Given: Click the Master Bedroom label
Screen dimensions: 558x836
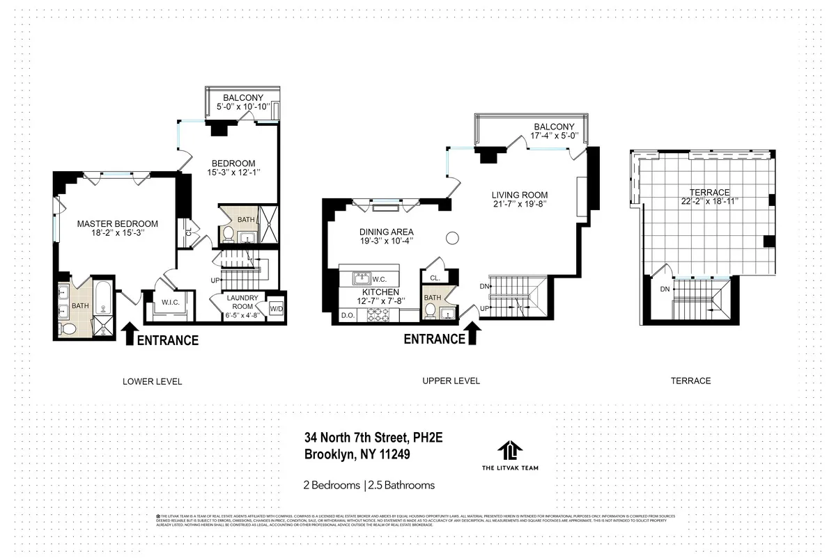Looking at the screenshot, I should click(x=117, y=224).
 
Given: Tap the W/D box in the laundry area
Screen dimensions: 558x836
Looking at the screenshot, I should click(x=276, y=309).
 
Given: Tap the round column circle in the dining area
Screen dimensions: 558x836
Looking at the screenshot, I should click(x=451, y=239).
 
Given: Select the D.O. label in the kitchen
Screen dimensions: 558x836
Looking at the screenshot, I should click(x=348, y=316).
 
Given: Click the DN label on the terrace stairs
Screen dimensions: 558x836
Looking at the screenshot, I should click(x=665, y=289).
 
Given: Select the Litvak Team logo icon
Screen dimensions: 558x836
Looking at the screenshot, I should click(x=510, y=449).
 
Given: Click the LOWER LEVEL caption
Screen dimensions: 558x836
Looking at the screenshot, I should click(x=152, y=381).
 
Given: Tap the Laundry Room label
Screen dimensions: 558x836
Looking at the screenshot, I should click(x=242, y=302).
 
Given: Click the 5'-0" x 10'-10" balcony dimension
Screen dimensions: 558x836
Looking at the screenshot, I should click(x=243, y=108).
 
